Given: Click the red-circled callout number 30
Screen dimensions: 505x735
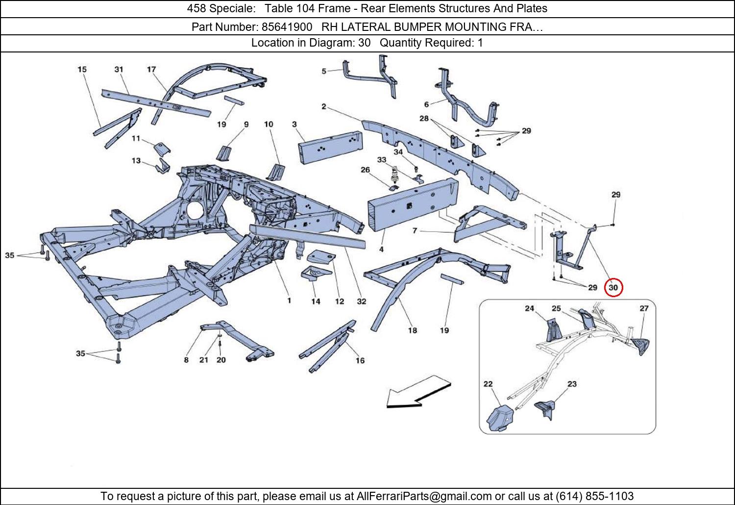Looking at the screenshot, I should (613, 288).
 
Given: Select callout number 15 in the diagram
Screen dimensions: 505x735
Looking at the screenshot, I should (82, 69).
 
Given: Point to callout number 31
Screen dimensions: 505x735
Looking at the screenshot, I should (119, 69).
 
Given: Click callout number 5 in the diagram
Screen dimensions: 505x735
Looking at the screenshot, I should (324, 71).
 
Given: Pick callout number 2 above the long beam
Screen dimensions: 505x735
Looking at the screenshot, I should (324, 106).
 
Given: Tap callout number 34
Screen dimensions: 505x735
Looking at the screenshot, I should (398, 152).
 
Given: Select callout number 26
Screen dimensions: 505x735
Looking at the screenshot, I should (365, 170).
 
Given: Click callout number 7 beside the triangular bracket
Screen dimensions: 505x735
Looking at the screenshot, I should (415, 230).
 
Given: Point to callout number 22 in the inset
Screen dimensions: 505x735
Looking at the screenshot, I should (488, 384).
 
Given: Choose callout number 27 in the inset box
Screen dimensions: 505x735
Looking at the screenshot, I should (644, 308).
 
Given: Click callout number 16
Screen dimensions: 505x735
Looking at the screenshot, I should (360, 360).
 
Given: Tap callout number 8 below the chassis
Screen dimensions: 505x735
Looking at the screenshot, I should (186, 360).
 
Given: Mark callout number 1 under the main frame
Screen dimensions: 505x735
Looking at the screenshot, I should (289, 300).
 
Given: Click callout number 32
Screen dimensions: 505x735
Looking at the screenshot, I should (361, 301).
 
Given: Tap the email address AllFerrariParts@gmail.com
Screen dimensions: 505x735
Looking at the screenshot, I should (424, 496).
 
